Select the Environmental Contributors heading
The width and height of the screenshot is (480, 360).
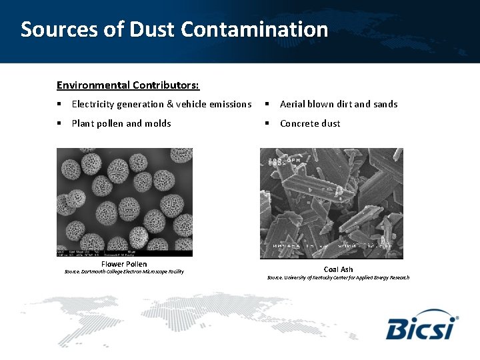pos(128,85)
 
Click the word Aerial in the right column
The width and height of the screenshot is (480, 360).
pos(293,104)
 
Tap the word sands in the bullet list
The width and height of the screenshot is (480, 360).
pos(384,104)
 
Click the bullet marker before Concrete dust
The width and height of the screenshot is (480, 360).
pos(266,123)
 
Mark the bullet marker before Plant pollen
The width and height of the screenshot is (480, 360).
pos(59,123)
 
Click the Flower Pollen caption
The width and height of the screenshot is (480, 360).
pos(124,265)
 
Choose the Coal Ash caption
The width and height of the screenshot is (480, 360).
pos(338,269)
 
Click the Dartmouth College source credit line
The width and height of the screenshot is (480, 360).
pos(124,272)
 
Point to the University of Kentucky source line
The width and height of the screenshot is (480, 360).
pos(338,277)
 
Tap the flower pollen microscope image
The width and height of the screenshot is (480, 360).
pos(124,202)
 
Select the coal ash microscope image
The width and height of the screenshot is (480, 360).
pos(331,203)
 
